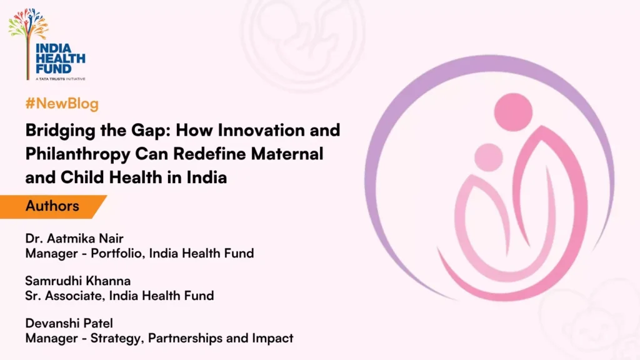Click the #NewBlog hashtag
point(62,104)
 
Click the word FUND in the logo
point(54,69)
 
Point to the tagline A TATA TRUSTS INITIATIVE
point(61,79)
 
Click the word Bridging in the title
point(56,131)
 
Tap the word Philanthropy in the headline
point(78,155)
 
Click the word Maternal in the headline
point(287,154)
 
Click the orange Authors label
point(52,206)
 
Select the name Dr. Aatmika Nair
point(74,238)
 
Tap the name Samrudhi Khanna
point(78,281)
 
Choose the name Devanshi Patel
point(69,323)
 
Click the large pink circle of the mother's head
point(513,112)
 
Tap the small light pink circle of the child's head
point(489,157)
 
